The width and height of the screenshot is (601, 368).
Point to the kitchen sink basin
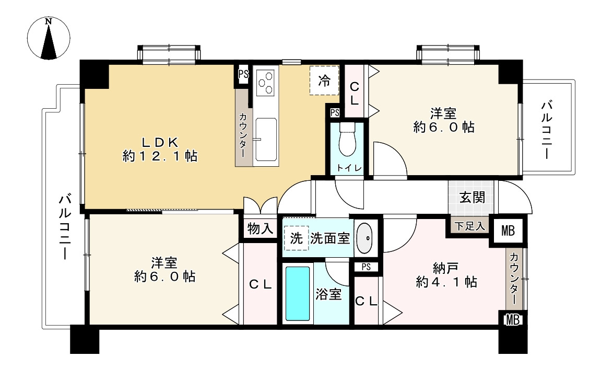266,139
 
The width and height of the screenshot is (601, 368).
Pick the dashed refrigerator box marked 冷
324,80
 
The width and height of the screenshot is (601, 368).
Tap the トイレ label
347,168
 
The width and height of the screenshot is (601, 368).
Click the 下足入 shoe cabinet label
469,226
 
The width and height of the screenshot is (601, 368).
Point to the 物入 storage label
260,228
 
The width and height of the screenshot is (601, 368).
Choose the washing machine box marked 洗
296,238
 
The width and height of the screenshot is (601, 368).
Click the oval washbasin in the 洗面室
365,238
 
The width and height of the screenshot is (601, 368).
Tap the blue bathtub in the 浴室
298,294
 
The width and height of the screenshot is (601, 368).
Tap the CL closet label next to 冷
354,93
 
